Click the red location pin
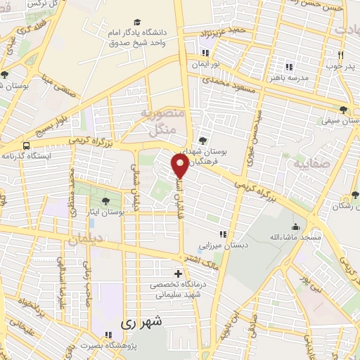pos(181,166)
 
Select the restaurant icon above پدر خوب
pos(340,54)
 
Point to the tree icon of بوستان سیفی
pos(342,110)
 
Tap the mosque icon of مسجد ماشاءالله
pos(295,227)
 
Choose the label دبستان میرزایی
pos(223,246)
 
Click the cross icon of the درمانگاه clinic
pos(177,274)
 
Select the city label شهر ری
pos(141,323)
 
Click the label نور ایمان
pos(206,63)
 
